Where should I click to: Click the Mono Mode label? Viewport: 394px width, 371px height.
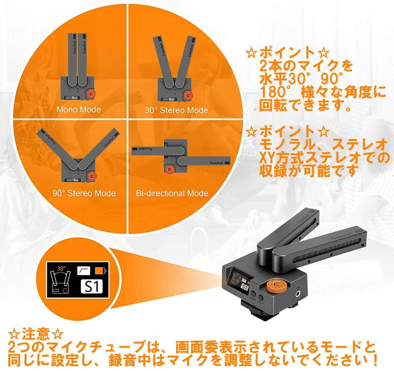pyautogui.click(x=78, y=109)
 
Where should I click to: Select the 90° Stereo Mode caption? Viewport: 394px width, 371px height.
pyautogui.click(x=84, y=193)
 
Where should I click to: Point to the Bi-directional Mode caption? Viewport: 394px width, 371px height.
pyautogui.click(x=172, y=193)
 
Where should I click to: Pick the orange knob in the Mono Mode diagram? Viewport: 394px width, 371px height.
pyautogui.click(x=90, y=94)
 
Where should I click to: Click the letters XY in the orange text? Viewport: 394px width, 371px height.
pyautogui.click(x=268, y=158)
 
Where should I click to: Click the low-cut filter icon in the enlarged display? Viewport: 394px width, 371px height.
pyautogui.click(x=84, y=271)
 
